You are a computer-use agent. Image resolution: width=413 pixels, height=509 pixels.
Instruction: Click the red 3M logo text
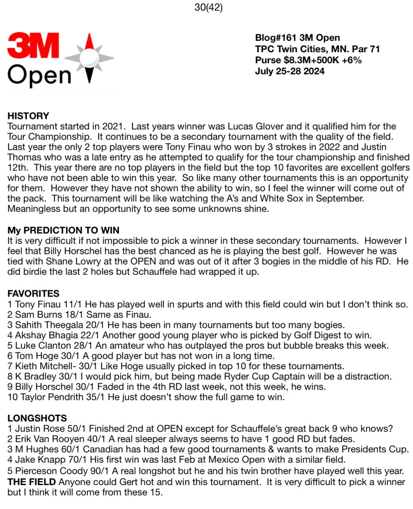point(33,46)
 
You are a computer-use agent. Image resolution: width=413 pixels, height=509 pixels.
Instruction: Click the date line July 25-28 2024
point(289,71)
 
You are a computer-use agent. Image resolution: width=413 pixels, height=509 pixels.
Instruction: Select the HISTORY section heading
point(28,116)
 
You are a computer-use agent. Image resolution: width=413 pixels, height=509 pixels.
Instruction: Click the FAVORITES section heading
point(33,294)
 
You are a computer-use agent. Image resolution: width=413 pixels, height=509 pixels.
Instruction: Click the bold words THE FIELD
point(31,482)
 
